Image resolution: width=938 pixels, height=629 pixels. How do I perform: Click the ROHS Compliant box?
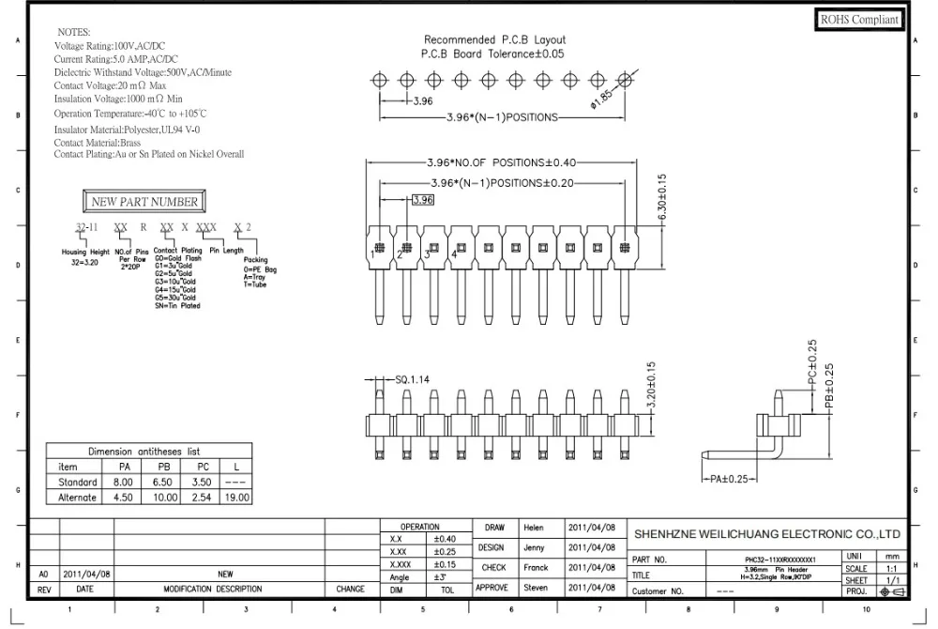pos(860,20)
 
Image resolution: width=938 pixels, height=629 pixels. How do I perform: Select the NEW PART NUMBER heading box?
pos(144,201)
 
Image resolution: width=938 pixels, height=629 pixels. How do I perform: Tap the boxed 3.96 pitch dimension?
pos(423,200)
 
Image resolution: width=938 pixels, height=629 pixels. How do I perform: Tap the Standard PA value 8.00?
pos(122,482)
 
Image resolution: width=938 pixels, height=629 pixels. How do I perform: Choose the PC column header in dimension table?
pos(204,467)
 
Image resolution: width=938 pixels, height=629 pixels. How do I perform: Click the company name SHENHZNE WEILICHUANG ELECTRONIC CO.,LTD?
pos(767,532)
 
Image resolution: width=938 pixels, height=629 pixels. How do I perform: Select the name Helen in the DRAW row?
pos(535,528)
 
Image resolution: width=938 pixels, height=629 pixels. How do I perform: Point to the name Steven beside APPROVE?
pos(536,588)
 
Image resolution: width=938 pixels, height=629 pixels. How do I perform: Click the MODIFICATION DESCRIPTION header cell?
pos(213,590)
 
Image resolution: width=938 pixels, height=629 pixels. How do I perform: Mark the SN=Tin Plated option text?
pos(177,306)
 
